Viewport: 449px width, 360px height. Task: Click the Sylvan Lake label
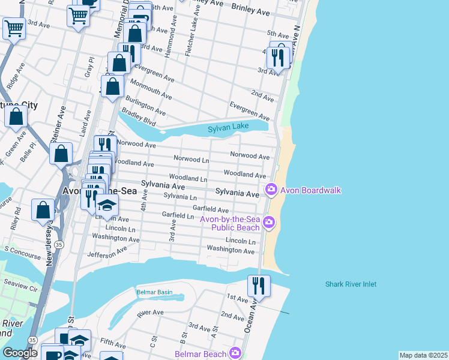coord(228,128)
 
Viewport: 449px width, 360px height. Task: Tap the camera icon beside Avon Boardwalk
coord(271,190)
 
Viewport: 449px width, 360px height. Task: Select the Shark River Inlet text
coord(351,284)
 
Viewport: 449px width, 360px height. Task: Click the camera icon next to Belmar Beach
coord(235,353)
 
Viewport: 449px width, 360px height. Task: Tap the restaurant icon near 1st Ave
coord(259,286)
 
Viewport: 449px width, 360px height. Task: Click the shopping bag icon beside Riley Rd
coord(42,210)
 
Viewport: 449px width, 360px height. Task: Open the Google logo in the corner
coord(20,352)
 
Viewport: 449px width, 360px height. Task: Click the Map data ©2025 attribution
coord(423,355)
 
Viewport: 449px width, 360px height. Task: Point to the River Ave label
coord(150,313)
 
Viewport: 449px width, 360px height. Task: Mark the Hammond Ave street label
coord(169,43)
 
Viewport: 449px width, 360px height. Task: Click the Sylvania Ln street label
coord(180,196)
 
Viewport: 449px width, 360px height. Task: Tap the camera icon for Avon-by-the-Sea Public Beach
coord(269,223)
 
